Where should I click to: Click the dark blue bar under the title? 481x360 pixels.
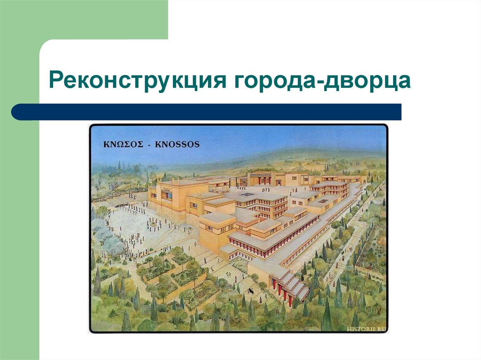(x=207, y=112)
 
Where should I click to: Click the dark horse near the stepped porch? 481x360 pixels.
(x=251, y=291)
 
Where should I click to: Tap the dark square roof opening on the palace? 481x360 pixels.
(x=245, y=193)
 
